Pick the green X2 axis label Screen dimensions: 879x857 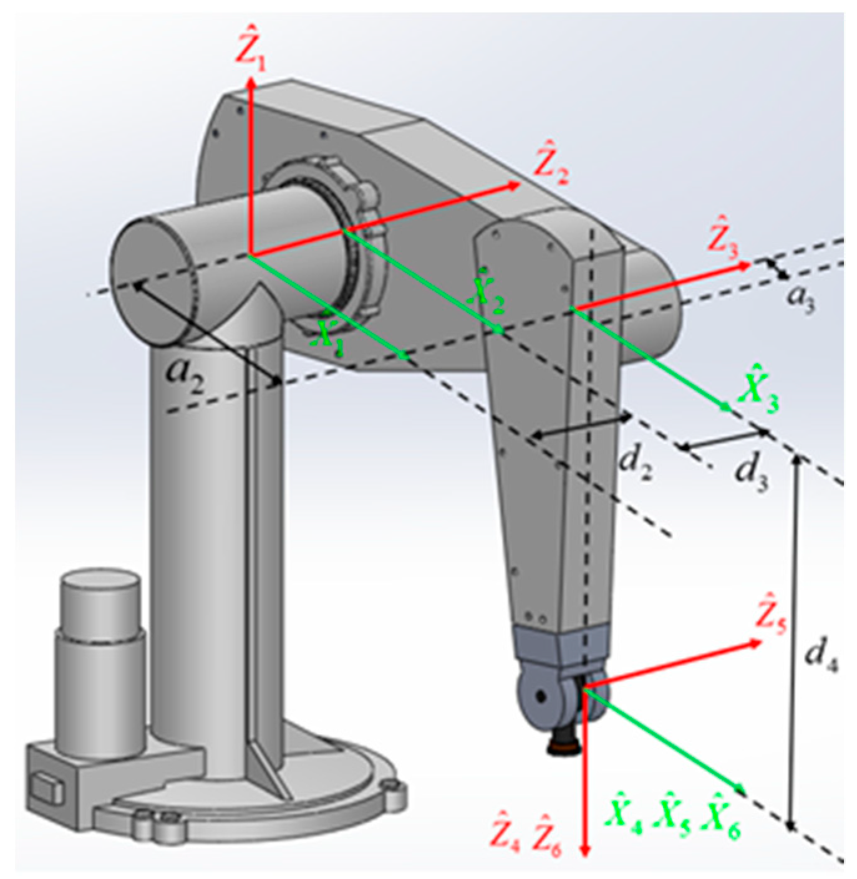pos(487,292)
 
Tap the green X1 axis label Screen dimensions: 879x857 pos(328,338)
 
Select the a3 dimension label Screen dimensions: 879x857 pos(800,297)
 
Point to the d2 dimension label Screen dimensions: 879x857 pos(635,464)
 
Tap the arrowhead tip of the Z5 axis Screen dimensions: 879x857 pos(762,641)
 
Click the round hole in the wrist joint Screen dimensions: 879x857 pos(540,694)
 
